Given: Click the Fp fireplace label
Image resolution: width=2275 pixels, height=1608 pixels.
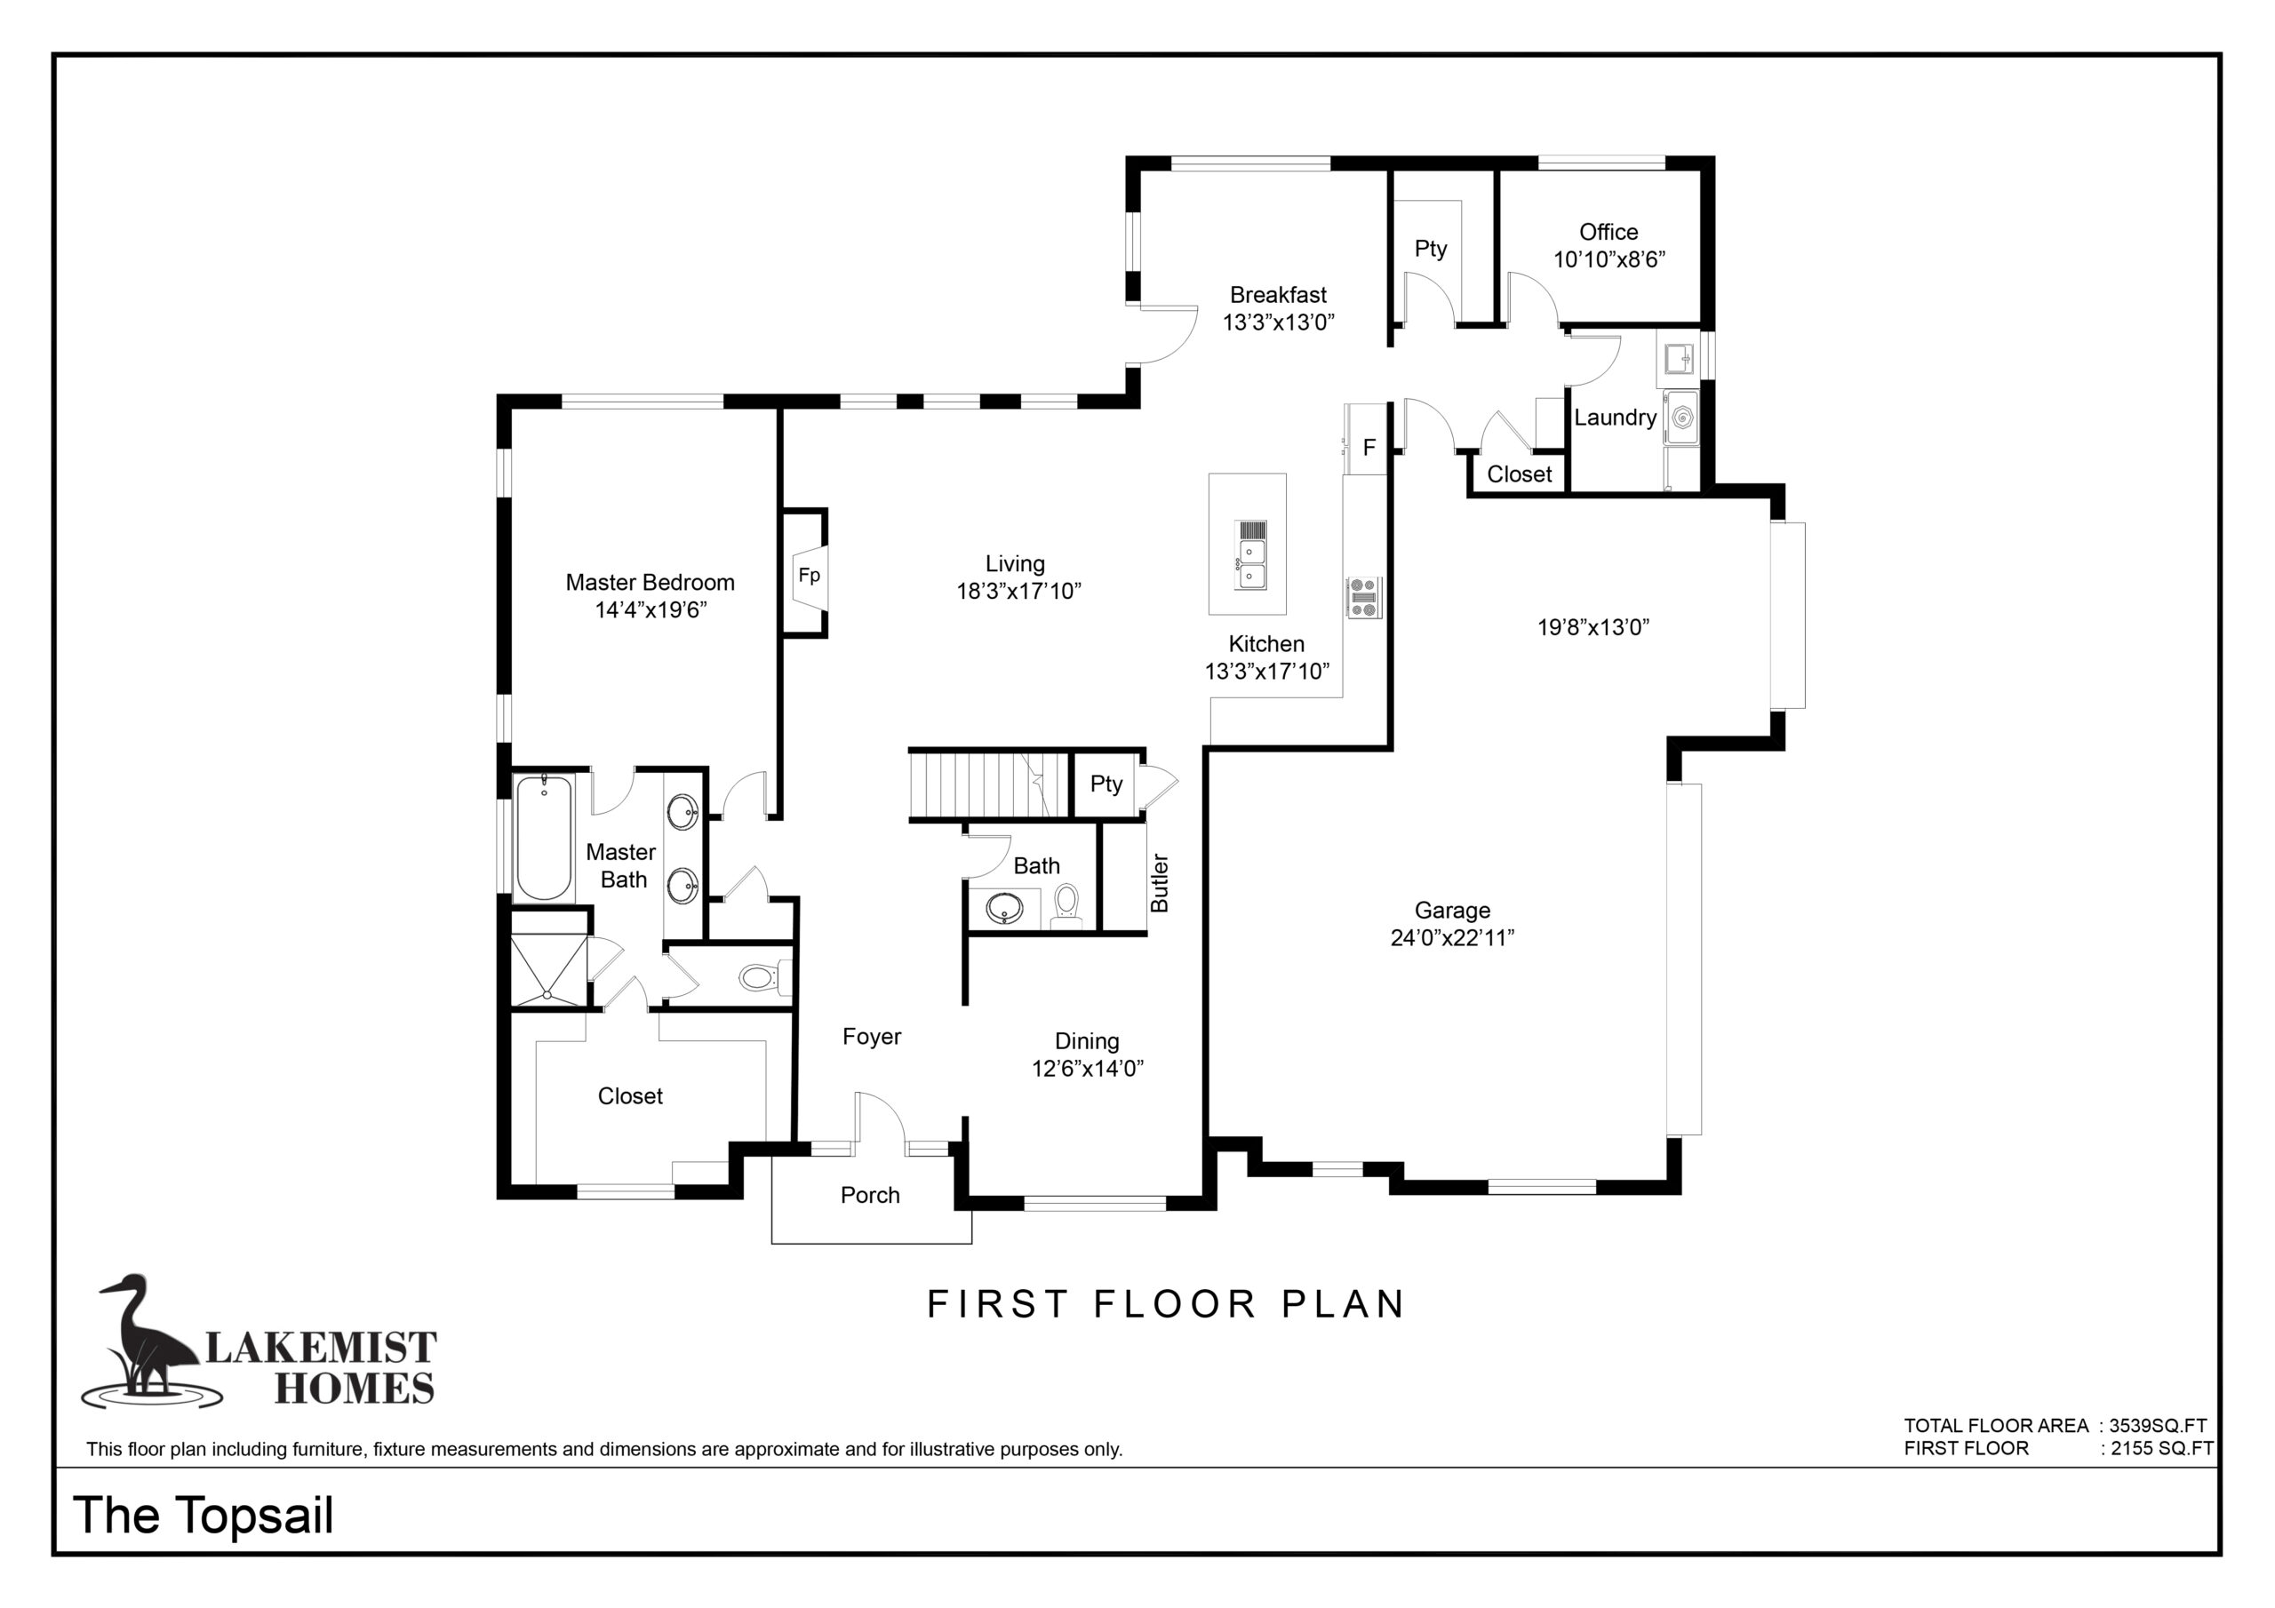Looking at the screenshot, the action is [810, 576].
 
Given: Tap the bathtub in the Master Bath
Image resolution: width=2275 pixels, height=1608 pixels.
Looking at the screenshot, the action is [543, 838].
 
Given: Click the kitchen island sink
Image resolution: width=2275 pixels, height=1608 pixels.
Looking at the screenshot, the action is [1250, 555].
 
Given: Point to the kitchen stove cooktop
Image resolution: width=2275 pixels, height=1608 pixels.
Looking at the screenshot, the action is [1363, 599].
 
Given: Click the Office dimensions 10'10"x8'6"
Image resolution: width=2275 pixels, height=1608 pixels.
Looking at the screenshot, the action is [1609, 259].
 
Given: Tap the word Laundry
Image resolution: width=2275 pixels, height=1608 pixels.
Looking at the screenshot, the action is [1615, 418].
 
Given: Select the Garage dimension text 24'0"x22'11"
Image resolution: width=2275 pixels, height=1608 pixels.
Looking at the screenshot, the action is [1453, 937].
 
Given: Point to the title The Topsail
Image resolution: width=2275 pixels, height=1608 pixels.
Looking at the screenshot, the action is [204, 1515].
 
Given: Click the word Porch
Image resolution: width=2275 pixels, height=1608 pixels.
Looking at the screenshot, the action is [870, 1195].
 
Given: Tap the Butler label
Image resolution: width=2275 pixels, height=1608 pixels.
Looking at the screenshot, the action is [1160, 883].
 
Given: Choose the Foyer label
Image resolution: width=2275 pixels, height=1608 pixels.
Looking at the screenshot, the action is [872, 1037].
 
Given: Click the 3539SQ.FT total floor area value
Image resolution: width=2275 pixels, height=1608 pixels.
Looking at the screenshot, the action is [2157, 1426].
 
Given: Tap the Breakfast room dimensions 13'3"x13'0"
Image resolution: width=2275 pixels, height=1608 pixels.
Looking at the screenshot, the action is [1278, 322].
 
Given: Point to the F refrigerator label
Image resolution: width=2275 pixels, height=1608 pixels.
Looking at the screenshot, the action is [1369, 448].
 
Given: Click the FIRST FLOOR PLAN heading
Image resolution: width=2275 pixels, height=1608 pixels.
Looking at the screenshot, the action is [1166, 1304].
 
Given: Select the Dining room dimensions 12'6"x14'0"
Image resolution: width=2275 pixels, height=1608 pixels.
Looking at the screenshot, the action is [1088, 1068].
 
